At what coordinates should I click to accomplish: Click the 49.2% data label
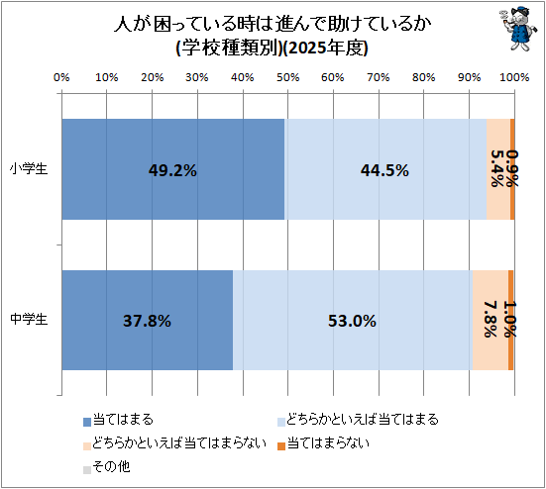click(172, 170)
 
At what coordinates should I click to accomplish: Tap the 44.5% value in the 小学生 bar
click(384, 170)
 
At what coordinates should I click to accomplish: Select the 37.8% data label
click(147, 321)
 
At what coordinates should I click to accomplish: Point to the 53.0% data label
click(352, 321)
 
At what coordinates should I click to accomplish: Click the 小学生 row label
click(29, 169)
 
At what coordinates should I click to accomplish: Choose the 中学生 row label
click(29, 319)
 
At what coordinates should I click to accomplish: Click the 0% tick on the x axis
click(61, 77)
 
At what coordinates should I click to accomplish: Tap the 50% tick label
click(288, 77)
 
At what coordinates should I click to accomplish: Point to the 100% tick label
click(514, 77)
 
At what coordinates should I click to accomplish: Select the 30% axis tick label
click(197, 77)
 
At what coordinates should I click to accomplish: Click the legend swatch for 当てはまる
click(87, 422)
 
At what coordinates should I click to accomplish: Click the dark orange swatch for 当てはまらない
click(281, 445)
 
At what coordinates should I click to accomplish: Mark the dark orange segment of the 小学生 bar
click(512, 169)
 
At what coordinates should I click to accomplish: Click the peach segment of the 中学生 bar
click(491, 321)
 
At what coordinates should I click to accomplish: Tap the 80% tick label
click(424, 77)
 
